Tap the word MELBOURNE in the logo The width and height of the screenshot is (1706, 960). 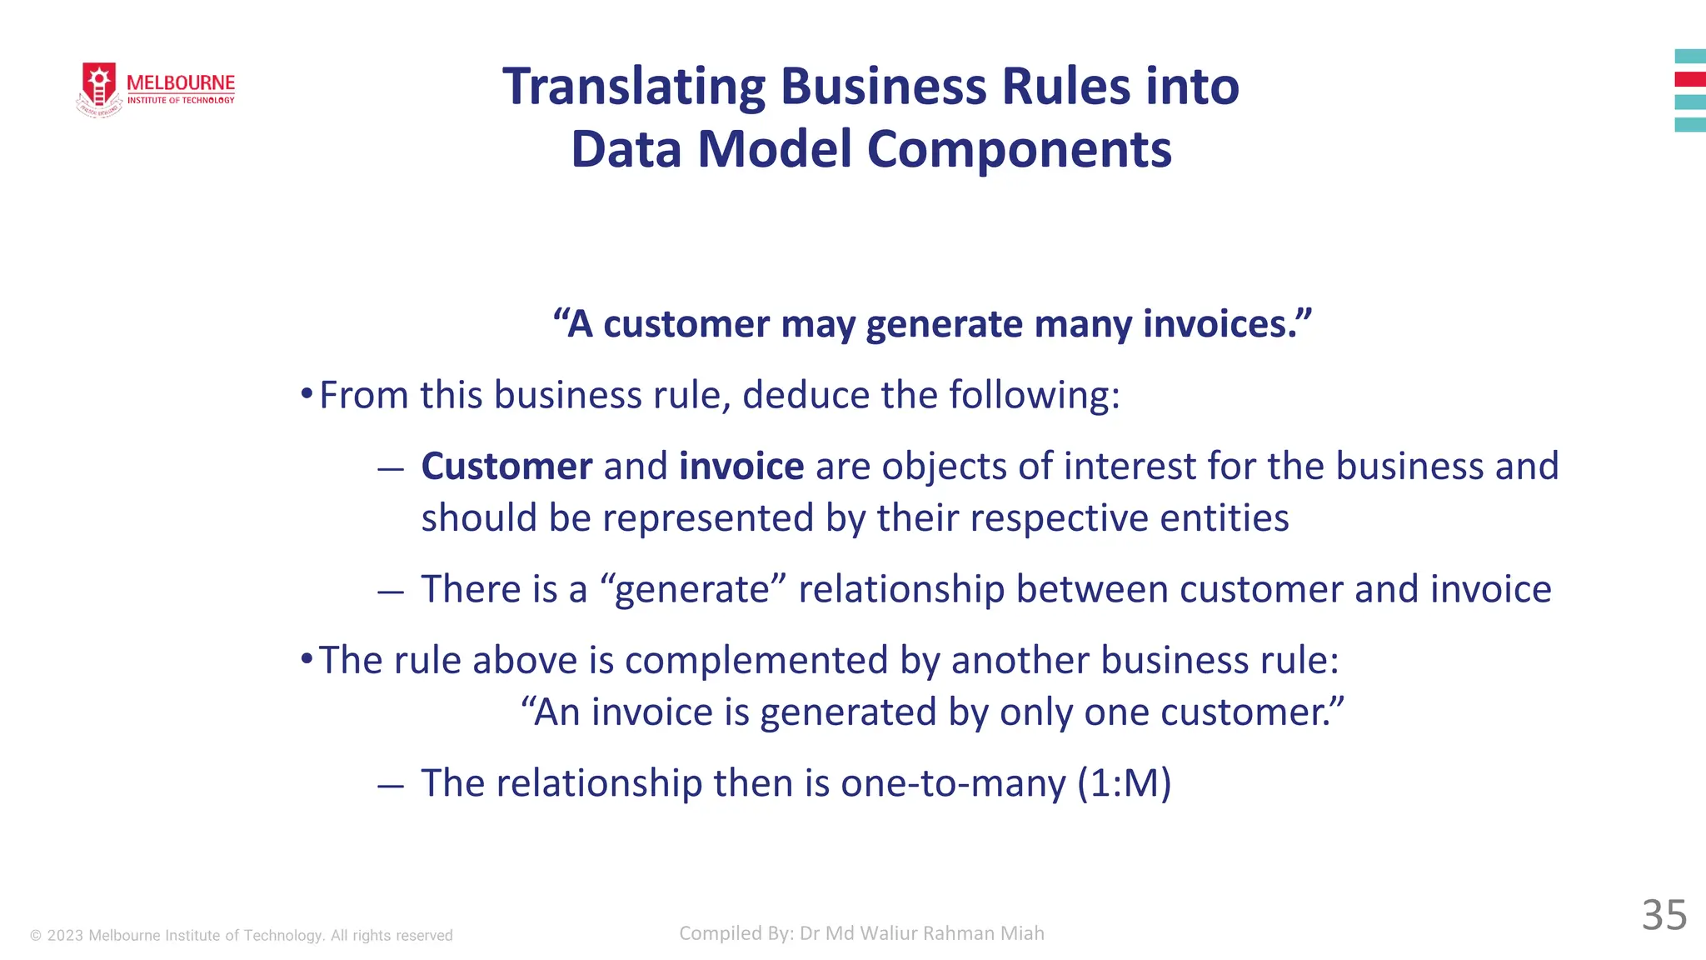point(181,82)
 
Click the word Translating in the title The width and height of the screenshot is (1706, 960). point(633,87)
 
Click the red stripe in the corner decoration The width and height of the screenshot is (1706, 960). point(1690,79)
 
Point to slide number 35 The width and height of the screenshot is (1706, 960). point(1664,915)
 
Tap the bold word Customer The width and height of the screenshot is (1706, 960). point(506,467)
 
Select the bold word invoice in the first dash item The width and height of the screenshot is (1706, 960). point(741,467)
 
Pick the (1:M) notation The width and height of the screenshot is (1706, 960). point(1124,783)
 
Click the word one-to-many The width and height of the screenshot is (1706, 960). point(953,783)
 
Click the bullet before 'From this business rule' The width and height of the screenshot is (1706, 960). point(307,392)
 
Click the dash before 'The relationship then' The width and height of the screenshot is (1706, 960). point(390,785)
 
